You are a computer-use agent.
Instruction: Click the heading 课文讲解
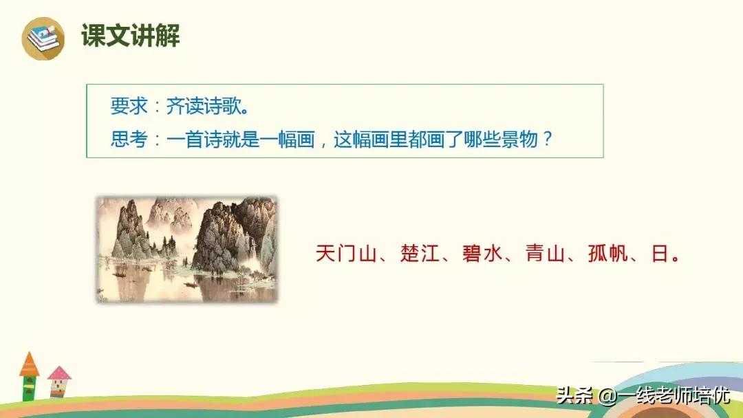click(x=131, y=36)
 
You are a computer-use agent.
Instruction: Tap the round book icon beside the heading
click(x=43, y=38)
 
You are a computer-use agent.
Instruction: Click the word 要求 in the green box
click(x=128, y=107)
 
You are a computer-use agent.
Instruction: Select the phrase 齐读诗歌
click(x=206, y=107)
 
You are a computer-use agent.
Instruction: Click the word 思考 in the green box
click(x=128, y=140)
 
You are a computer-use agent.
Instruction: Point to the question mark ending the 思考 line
click(x=547, y=140)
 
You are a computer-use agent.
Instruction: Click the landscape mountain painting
click(x=186, y=249)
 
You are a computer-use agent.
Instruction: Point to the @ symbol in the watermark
click(x=605, y=397)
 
